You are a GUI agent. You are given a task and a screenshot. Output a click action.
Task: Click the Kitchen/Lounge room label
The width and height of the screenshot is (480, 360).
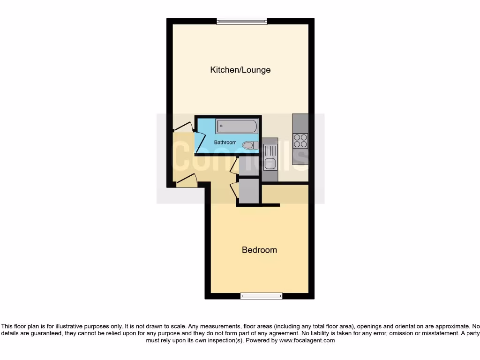point(240,70)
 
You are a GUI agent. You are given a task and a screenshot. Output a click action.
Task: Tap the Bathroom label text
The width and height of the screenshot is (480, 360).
point(225,142)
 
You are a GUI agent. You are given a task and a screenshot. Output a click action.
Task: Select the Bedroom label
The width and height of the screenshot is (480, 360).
point(259,250)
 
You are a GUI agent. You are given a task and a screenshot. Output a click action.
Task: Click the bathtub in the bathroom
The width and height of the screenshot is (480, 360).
point(237,127)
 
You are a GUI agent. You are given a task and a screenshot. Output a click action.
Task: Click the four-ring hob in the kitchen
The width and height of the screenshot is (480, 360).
point(300,141)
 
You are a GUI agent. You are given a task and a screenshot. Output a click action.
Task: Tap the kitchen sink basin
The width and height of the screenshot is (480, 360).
point(270,164)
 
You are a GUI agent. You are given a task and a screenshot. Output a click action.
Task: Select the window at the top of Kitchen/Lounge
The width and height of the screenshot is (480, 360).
point(242,21)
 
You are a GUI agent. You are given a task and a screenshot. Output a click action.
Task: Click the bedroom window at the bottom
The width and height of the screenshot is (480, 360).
point(261,296)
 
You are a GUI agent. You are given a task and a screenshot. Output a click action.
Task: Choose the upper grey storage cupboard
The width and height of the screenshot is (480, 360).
point(248,166)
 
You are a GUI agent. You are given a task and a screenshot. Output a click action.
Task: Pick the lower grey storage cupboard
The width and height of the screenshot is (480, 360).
point(248,191)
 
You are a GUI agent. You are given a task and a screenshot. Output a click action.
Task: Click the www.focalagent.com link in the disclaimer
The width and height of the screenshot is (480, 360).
point(307,340)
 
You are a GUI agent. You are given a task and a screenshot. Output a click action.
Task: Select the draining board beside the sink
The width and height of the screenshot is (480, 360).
point(270,150)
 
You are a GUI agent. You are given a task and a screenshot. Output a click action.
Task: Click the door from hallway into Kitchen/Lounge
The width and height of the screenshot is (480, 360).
point(183,127)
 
